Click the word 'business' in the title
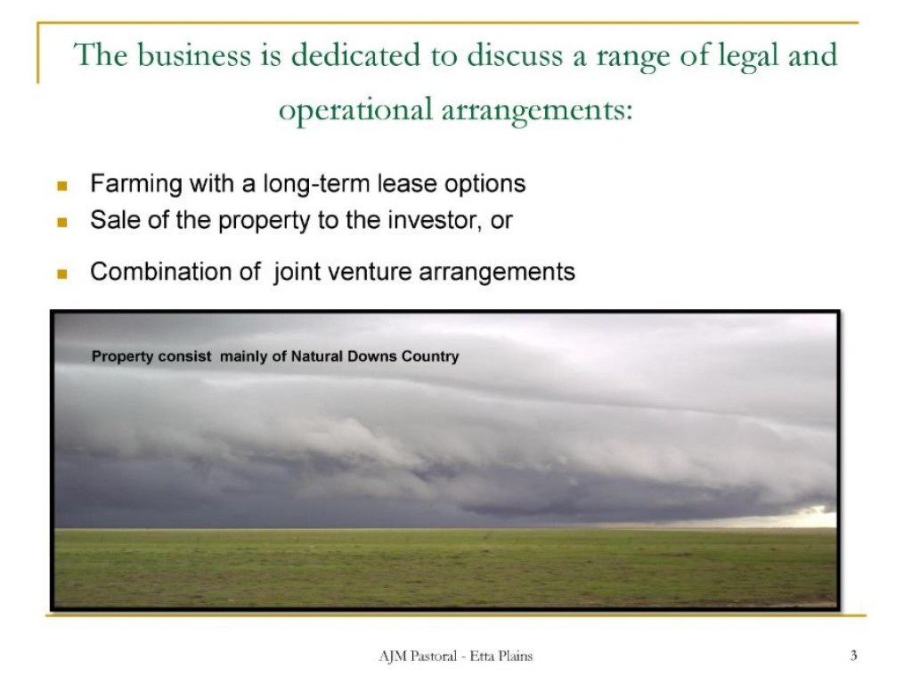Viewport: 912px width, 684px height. tap(194, 56)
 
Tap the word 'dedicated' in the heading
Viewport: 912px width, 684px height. tap(355, 56)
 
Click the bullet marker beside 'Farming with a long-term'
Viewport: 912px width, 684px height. tap(62, 186)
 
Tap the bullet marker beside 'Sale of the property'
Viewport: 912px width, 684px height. tap(62, 222)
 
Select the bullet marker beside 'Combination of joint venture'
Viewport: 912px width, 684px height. tap(62, 274)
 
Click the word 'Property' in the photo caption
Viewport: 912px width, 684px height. tap(122, 357)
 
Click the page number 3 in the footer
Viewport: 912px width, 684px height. tap(853, 655)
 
